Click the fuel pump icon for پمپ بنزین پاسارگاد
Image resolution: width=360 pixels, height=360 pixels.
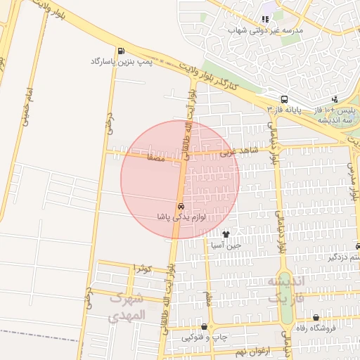point(122,51)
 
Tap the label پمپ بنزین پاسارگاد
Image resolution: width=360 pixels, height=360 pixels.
point(122,62)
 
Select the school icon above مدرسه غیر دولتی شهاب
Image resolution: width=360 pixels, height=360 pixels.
point(265,19)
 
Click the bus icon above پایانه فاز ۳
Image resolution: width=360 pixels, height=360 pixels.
point(284,99)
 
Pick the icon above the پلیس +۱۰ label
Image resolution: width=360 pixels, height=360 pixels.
point(335,99)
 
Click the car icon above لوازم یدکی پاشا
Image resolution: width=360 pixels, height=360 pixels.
point(181,207)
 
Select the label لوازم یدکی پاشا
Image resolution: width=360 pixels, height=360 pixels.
point(181,217)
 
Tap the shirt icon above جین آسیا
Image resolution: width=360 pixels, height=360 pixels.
point(226,234)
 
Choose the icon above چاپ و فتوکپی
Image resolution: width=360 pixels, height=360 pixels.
point(204,327)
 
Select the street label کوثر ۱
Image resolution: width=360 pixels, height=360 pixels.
point(143,269)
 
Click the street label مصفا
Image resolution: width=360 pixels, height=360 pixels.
point(155,158)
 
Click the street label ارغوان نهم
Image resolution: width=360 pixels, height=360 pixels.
point(251,350)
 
